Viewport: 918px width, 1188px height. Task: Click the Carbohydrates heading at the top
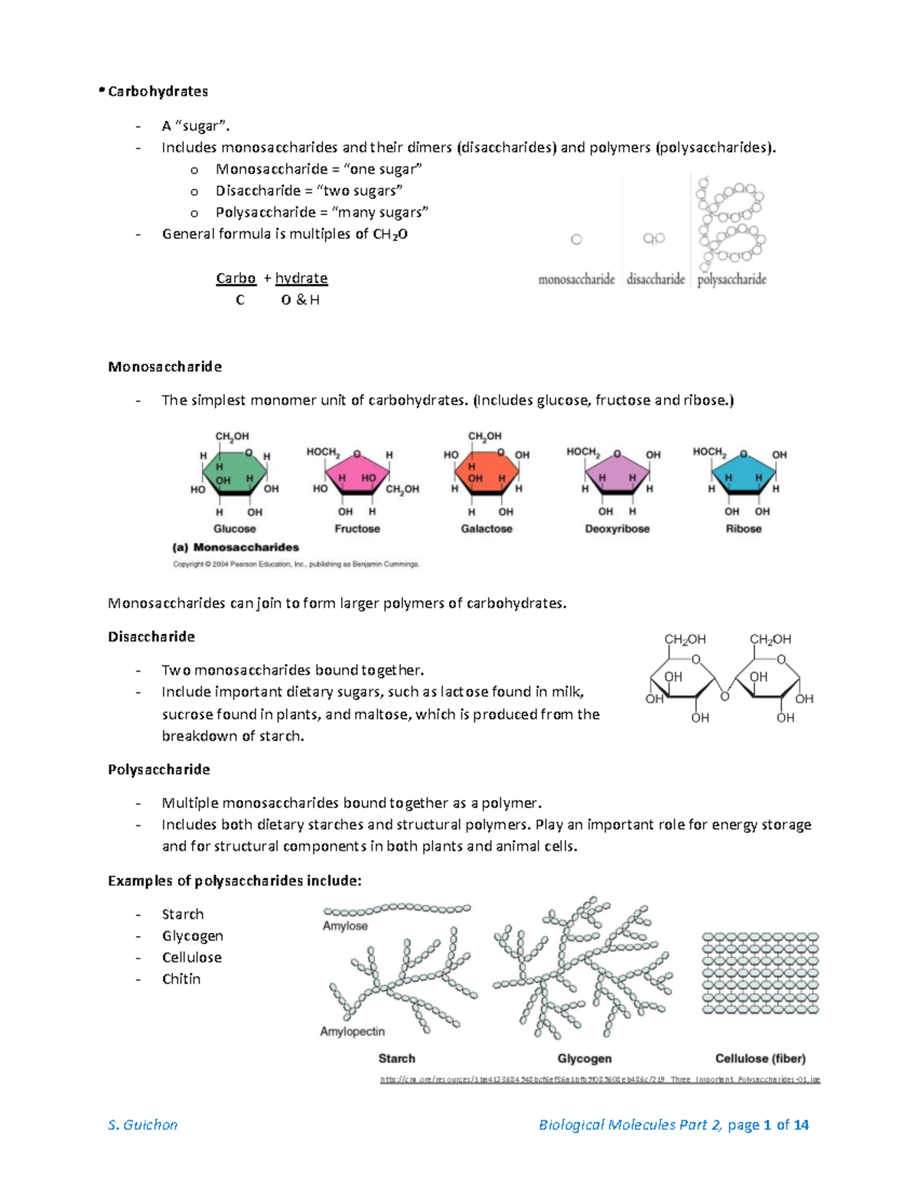point(158,91)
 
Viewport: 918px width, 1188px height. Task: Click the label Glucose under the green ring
point(235,529)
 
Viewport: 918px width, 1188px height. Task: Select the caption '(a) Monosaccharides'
point(236,547)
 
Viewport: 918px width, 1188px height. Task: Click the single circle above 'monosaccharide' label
point(577,239)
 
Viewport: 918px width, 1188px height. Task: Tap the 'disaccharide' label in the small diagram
point(656,279)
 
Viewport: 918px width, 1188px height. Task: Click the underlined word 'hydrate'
point(301,278)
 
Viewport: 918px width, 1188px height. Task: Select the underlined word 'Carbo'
point(236,278)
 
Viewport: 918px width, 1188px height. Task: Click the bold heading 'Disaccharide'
point(151,636)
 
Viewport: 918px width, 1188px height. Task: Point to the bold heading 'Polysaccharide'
point(159,770)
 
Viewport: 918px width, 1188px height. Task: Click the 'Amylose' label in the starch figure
point(345,926)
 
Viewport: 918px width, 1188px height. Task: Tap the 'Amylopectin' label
point(352,1031)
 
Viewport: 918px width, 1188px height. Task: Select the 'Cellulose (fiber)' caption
point(760,1059)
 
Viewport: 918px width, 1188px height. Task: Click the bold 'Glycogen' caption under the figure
point(584,1059)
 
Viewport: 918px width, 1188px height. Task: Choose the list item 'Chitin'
point(181,978)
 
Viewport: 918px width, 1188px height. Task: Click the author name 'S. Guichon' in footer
point(143,1125)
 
